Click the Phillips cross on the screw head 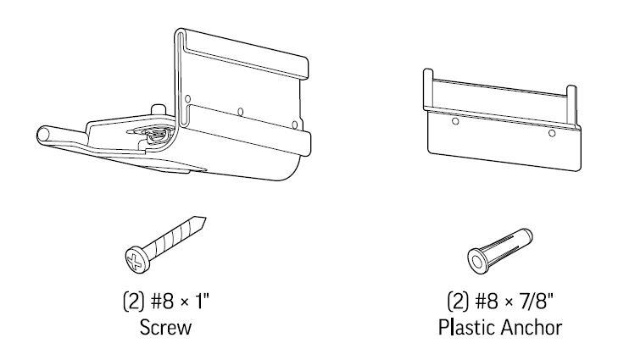click(135, 262)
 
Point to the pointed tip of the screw click(204, 219)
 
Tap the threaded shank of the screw click(175, 237)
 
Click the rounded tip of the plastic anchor click(528, 235)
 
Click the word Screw click(165, 328)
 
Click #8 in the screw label click(162, 302)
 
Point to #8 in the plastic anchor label click(487, 302)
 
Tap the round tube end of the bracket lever click(42, 135)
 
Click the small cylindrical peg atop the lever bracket click(158, 109)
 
